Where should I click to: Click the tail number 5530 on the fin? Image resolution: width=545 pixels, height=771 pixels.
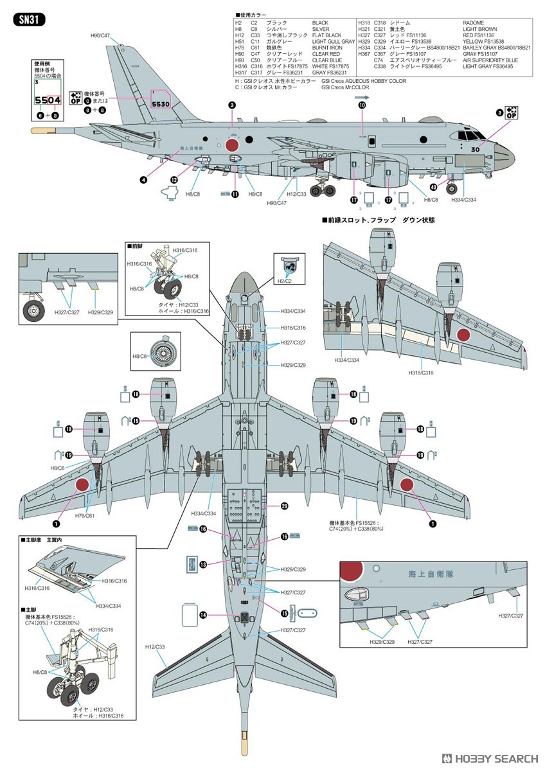coord(160,103)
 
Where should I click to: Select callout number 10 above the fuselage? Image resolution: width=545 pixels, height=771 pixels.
coord(362,105)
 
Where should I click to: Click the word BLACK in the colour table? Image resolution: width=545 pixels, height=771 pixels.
coord(320,22)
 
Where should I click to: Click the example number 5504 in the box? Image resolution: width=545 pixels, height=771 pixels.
coord(49,100)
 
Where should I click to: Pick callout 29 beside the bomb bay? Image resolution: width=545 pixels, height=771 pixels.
coord(284,506)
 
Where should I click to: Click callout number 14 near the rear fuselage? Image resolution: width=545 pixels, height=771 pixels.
coord(202,615)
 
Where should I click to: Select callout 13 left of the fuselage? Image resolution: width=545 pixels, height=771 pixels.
coord(202,564)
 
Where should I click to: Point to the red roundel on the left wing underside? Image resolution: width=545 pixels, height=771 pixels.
coord(82,485)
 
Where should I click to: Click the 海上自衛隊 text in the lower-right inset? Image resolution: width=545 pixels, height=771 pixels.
coord(429,575)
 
